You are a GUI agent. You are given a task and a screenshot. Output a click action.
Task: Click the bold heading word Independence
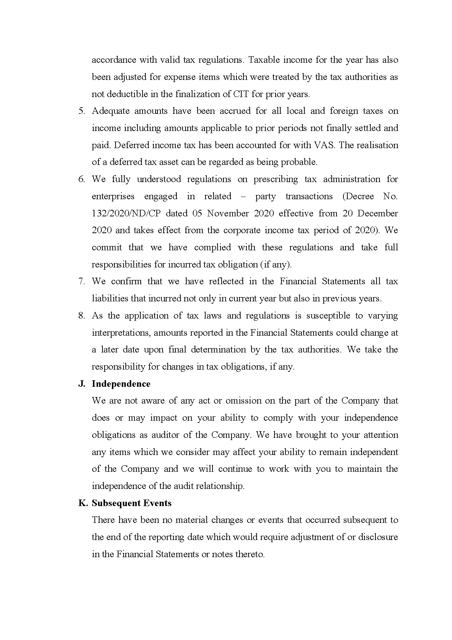click(121, 384)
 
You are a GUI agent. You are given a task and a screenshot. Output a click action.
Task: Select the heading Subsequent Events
click(132, 503)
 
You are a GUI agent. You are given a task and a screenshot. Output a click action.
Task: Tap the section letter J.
click(82, 384)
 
